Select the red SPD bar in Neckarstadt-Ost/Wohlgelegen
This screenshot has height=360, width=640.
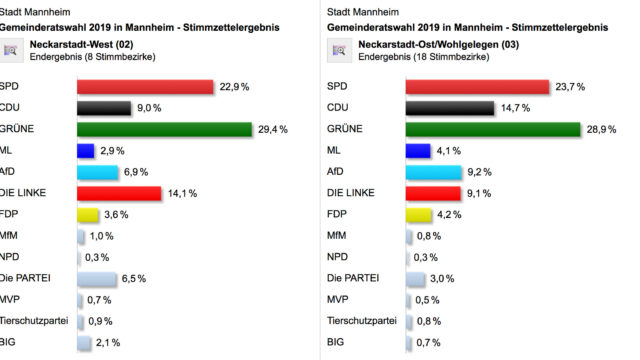[x=477, y=87]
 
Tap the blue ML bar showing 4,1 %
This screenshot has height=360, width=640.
[x=418, y=151]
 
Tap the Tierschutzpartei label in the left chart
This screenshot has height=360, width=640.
[x=38, y=321]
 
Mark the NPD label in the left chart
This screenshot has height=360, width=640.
[x=15, y=257]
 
